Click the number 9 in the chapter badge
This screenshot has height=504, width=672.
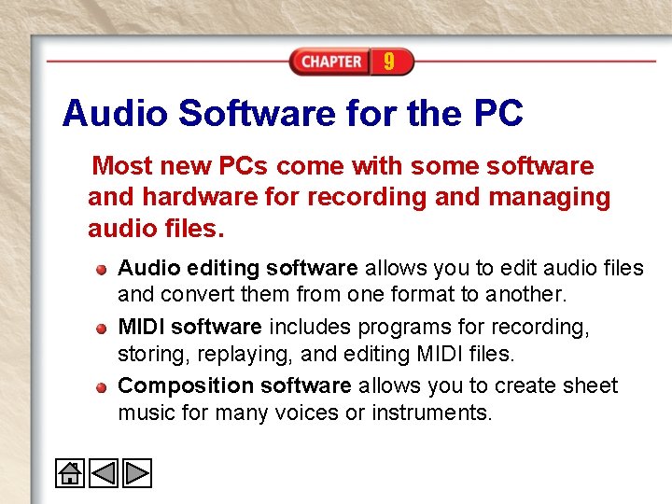tap(388, 62)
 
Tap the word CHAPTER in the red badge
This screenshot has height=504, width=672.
tap(331, 62)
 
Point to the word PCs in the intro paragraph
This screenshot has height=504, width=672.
tap(244, 166)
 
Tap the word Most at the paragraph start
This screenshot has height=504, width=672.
tap(124, 166)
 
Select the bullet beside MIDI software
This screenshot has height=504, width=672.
tap(101, 328)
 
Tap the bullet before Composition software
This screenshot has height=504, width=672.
tap(101, 385)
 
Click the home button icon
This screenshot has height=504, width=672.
tap(70, 472)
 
